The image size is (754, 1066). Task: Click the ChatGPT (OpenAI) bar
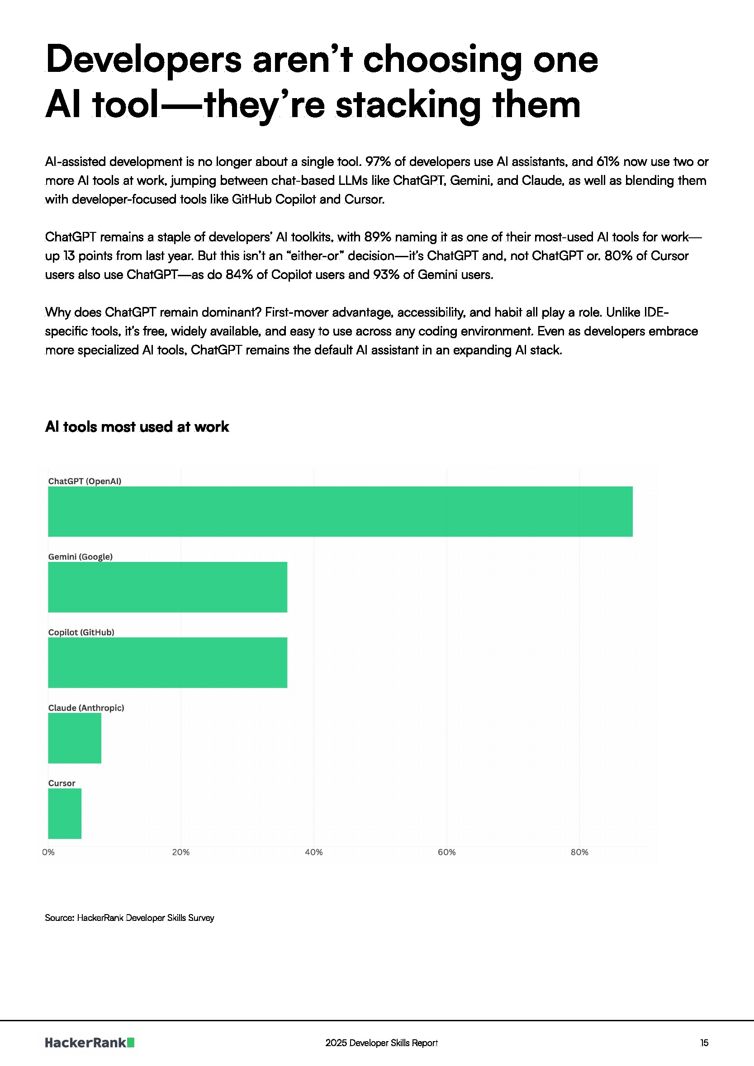coord(340,511)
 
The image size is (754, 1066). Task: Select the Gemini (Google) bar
coord(167,587)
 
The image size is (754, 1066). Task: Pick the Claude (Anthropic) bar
coord(74,738)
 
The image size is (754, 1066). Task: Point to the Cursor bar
coord(65,813)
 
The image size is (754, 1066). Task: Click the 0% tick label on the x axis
coord(48,853)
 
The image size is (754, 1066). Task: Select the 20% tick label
coord(181,853)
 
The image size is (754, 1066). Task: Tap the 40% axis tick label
coord(313,853)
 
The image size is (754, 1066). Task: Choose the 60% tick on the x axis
coord(446,853)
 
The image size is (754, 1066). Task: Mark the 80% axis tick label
coord(579,853)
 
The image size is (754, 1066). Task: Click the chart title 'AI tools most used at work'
coord(137,427)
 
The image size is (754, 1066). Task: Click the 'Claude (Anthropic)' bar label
coord(86,708)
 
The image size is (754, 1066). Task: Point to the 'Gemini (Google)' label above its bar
coord(81,557)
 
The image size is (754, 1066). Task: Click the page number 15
coord(704,1043)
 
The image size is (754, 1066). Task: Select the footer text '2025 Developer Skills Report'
coord(381,1043)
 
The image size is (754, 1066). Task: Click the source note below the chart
coord(129,917)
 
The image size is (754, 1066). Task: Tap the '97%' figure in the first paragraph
coord(378,161)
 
